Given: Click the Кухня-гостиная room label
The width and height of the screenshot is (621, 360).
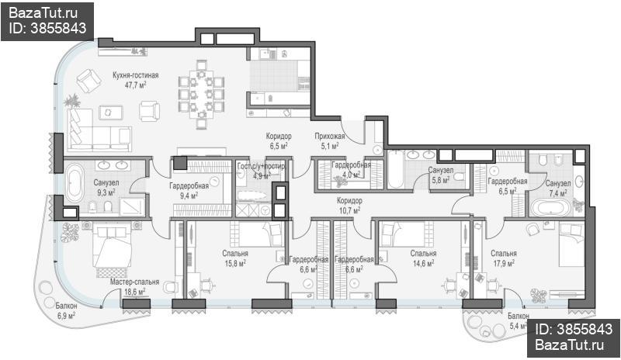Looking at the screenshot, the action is pyautogui.click(x=135, y=75).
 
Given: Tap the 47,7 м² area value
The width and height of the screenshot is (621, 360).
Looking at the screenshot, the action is pyautogui.click(x=136, y=85).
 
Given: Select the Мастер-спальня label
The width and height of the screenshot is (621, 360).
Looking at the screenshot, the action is pyautogui.click(x=134, y=282).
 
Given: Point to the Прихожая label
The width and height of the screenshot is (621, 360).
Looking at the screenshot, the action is pyautogui.click(x=329, y=137).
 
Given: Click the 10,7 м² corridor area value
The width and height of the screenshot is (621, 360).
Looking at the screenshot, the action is pyautogui.click(x=349, y=210).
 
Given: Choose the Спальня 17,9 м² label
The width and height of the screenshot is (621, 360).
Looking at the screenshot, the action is pyautogui.click(x=504, y=258).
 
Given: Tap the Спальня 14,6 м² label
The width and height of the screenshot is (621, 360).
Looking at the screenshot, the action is pyautogui.click(x=423, y=258).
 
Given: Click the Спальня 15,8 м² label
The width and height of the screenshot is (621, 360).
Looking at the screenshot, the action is pyautogui.click(x=235, y=258).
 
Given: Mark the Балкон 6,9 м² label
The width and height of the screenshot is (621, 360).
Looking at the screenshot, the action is pyautogui.click(x=66, y=311).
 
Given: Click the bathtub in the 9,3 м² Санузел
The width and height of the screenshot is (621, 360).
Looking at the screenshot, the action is pyautogui.click(x=75, y=183).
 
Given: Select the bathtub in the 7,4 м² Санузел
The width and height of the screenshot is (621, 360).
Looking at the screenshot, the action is pyautogui.click(x=550, y=207).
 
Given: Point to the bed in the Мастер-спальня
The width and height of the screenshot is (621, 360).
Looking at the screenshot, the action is pyautogui.click(x=112, y=246).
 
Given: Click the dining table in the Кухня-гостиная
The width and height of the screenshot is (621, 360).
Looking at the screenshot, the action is pyautogui.click(x=201, y=94).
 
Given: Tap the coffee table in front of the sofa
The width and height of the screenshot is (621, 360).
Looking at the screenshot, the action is pyautogui.click(x=110, y=112).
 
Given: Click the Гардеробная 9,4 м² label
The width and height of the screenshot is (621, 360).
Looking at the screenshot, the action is pyautogui.click(x=189, y=190).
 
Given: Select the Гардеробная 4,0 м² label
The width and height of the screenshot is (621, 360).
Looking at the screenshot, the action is pyautogui.click(x=351, y=169).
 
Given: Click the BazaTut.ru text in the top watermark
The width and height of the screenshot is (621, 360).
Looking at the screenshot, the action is pyautogui.click(x=43, y=13).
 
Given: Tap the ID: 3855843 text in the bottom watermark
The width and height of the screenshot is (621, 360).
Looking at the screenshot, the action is pyautogui.click(x=574, y=329).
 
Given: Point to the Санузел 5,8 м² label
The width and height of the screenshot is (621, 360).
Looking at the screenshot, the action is pyautogui.click(x=440, y=175).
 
